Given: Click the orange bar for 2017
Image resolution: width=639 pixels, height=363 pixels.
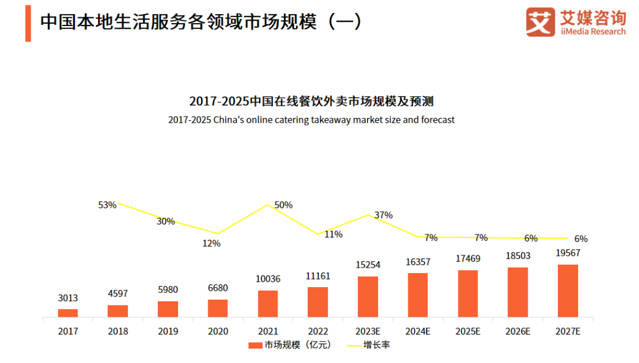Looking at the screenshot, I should tap(67, 313).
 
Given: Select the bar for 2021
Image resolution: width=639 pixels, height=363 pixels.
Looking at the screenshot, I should tap(267, 304).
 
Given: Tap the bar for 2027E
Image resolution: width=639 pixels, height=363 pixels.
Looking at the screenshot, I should tap(568, 291).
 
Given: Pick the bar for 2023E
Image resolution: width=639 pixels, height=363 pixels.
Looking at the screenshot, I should tap(367, 297).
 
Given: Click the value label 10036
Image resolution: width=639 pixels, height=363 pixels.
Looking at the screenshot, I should tap(267, 279).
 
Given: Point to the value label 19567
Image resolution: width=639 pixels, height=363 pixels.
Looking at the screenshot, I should tap(568, 253).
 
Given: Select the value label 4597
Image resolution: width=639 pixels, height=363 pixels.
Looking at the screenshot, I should tap(118, 294).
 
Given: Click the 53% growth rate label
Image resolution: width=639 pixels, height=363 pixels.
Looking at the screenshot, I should tap(107, 205).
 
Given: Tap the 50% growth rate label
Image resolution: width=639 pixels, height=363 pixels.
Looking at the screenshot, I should tap(283, 205).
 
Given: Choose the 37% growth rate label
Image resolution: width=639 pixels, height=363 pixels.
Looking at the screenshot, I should tap(383, 215).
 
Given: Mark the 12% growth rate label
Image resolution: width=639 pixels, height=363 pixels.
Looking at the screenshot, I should tap(211, 243).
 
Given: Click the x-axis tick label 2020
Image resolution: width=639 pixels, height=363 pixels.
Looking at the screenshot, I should tap(218, 332).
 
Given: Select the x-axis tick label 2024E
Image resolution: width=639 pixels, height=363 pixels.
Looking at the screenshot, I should tap(418, 332).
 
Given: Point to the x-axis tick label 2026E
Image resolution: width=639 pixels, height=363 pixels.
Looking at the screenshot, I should tap(518, 332).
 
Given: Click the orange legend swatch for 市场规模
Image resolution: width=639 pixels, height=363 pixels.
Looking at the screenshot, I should tap(255, 345).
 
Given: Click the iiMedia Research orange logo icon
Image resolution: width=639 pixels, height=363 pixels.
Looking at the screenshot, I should tap(540, 22).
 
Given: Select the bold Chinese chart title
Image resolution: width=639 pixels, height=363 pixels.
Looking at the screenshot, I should tap(311, 101).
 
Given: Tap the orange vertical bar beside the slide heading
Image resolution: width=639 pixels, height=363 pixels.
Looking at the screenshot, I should tap(28, 23).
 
